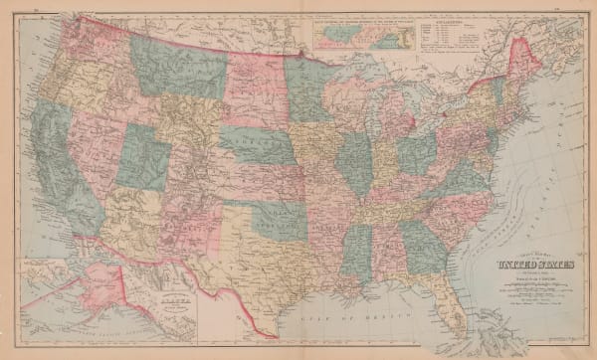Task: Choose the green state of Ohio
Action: [416, 154]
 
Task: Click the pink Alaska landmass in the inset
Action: [70, 298]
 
